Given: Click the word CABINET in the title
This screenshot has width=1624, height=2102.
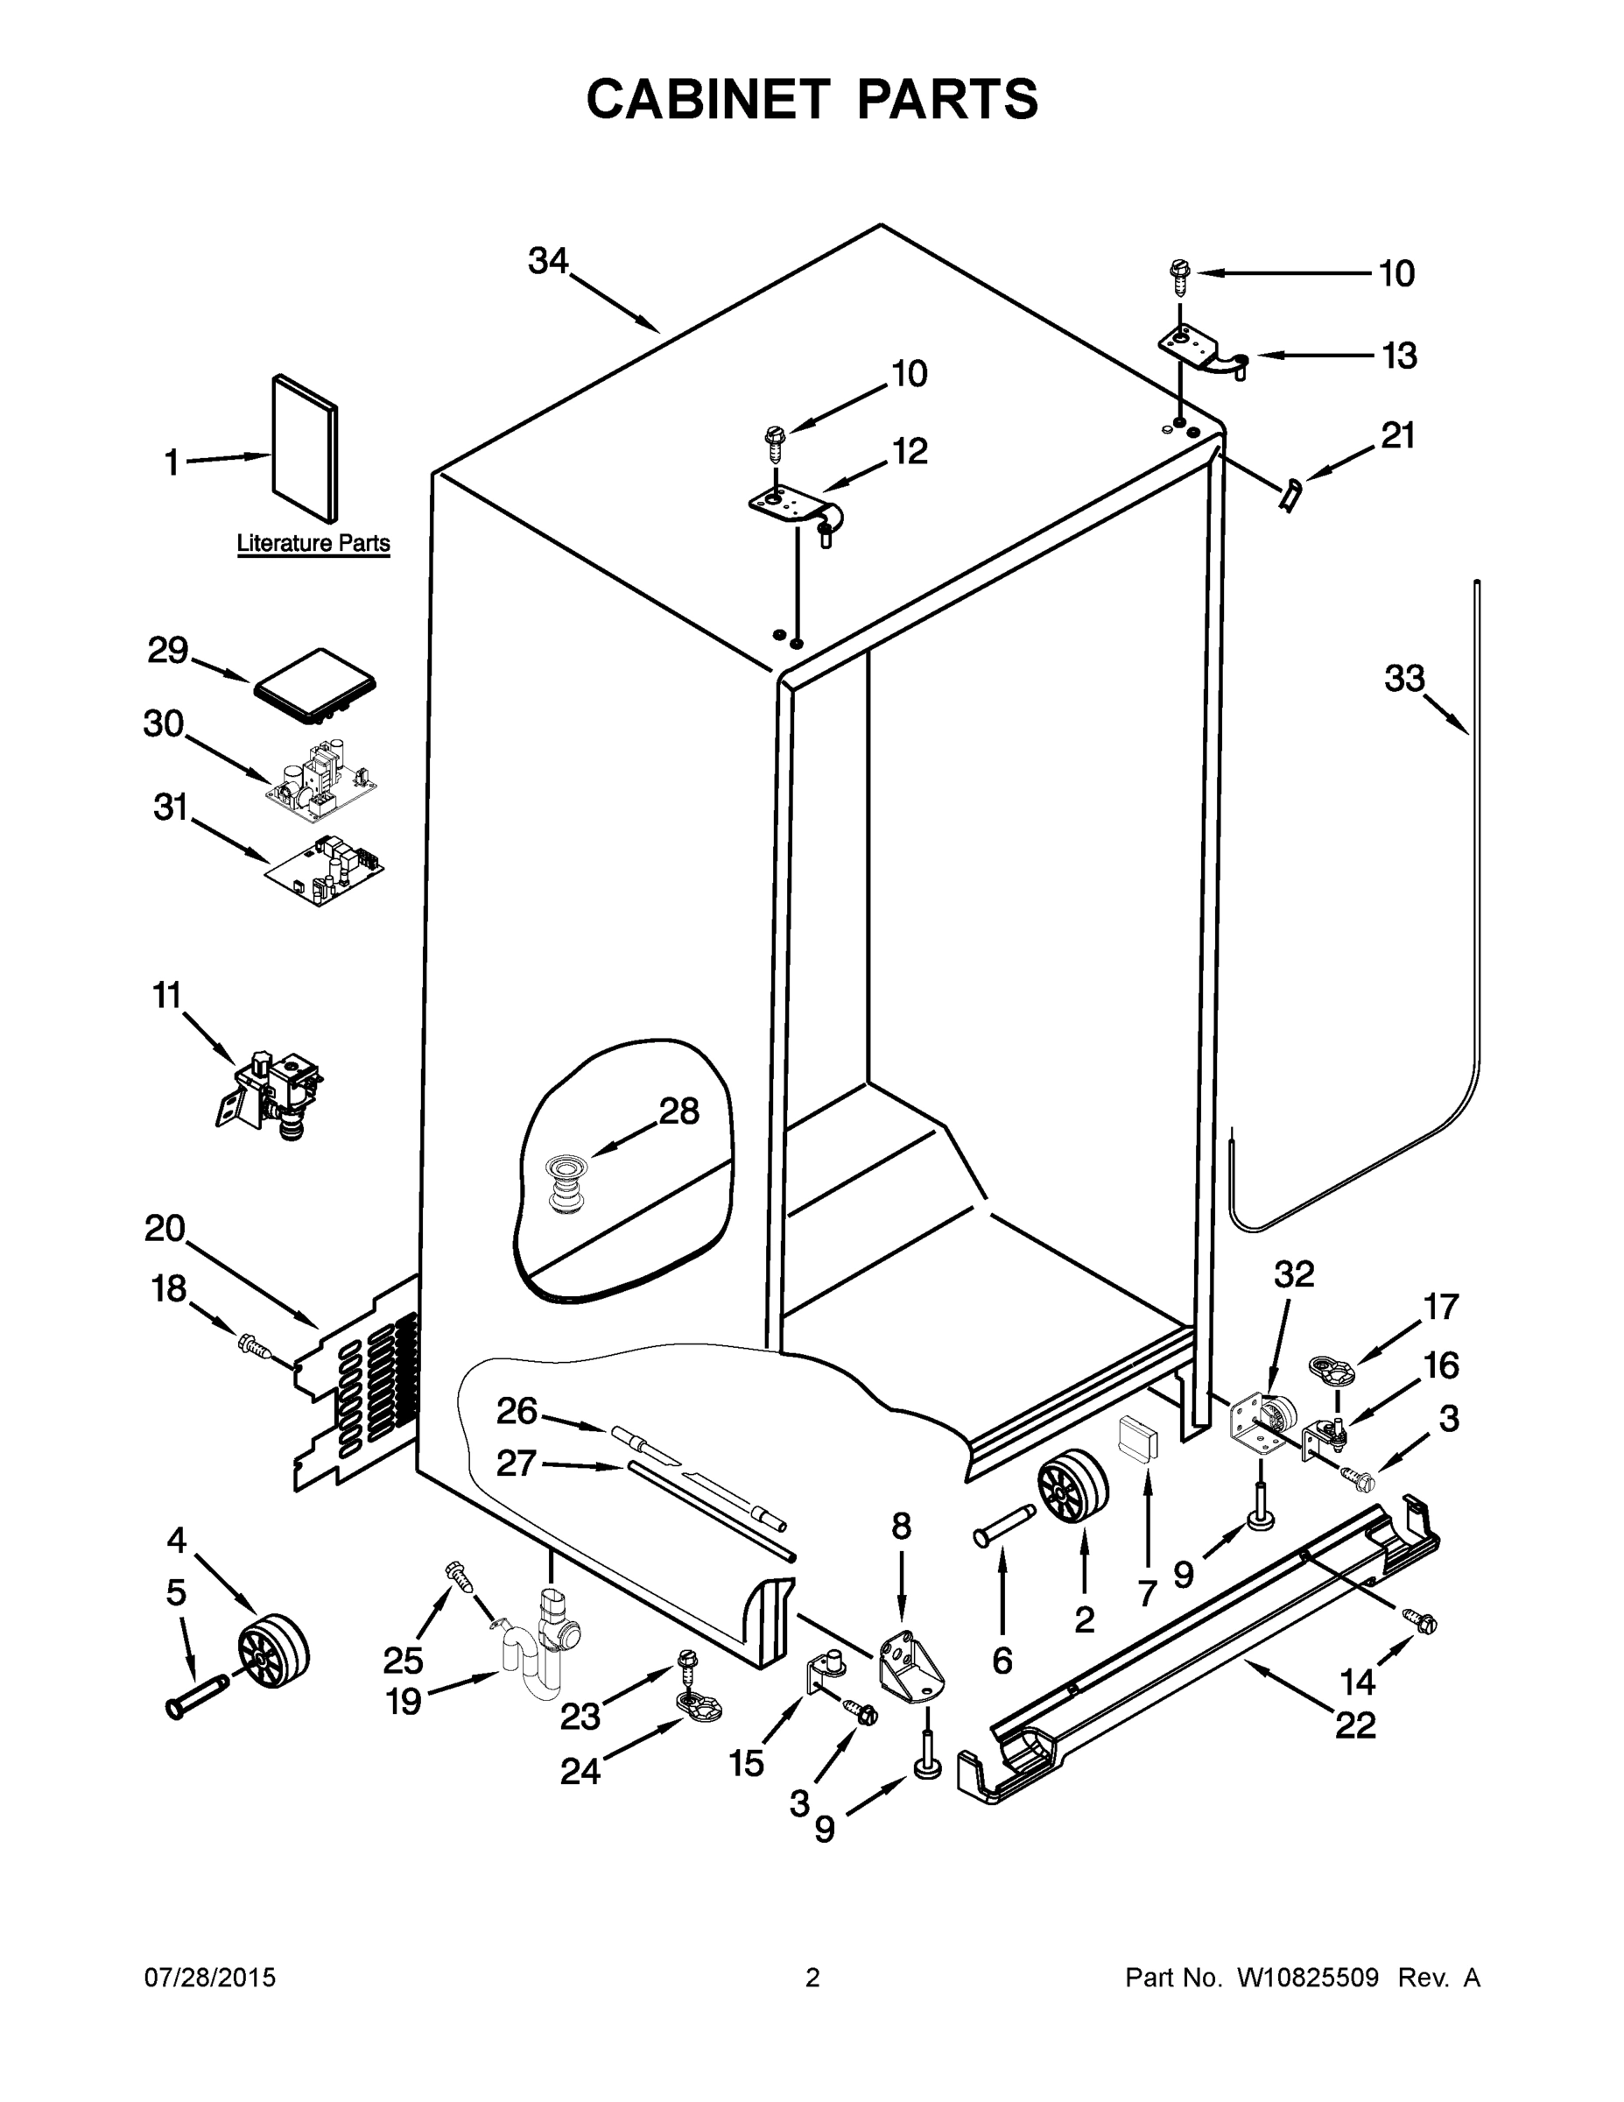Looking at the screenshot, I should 707,99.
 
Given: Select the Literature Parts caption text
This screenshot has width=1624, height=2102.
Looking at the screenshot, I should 313,543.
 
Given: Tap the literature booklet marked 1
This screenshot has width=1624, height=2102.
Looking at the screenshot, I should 305,448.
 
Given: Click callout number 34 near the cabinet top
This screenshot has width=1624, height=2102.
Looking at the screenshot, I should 548,261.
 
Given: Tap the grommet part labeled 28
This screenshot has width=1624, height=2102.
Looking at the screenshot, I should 562,1187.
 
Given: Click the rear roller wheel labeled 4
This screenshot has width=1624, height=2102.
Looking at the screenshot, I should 275,1652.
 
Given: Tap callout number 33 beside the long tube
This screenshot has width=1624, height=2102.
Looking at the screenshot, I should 1403,679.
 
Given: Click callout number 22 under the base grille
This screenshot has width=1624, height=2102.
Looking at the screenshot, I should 1354,1725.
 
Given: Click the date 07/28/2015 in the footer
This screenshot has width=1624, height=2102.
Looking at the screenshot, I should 210,1978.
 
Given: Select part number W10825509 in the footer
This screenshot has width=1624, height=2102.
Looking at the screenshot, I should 1307,1978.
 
